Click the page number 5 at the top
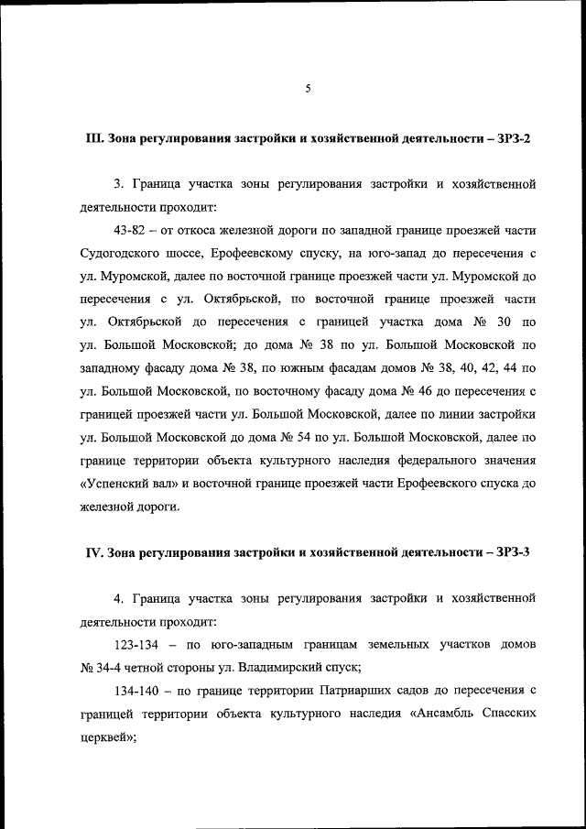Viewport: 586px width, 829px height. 309,89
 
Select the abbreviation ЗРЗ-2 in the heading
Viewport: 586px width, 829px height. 511,138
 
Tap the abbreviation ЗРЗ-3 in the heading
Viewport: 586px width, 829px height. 511,551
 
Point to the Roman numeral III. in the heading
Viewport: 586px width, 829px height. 95,138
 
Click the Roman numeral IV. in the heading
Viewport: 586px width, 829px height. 97,551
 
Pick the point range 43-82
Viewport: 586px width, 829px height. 134,227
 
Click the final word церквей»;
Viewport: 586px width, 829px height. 109,735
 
